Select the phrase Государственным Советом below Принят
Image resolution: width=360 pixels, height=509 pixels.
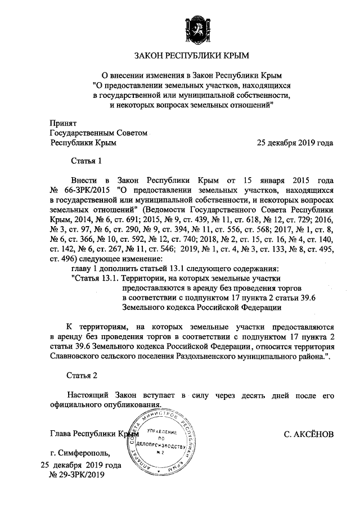pos(98,133)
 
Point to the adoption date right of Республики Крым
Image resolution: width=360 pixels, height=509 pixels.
pos(295,142)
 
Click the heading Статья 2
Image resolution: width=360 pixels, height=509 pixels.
pos(86,375)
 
